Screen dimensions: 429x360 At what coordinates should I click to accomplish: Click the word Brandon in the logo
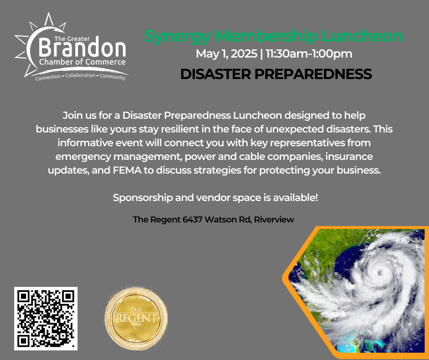(82, 49)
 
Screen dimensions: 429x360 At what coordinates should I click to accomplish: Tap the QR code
(46, 318)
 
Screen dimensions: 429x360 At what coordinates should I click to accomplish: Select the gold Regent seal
(136, 318)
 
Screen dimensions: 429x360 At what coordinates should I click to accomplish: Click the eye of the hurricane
(379, 272)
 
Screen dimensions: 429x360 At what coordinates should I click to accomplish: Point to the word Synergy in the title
(177, 37)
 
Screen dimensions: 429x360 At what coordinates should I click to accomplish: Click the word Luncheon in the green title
(362, 36)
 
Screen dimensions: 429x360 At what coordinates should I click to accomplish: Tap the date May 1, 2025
(226, 54)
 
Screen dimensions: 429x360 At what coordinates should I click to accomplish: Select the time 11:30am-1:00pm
(309, 54)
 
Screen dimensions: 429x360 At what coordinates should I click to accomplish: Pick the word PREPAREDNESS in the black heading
(313, 74)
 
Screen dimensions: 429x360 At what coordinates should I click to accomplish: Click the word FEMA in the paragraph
(127, 170)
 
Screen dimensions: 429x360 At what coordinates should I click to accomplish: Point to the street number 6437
(192, 219)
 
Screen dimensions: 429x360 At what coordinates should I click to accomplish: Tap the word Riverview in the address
(274, 219)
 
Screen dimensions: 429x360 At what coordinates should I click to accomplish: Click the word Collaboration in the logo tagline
(80, 75)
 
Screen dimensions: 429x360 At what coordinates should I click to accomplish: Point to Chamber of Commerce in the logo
(82, 62)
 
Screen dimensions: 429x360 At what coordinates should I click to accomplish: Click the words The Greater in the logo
(72, 39)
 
